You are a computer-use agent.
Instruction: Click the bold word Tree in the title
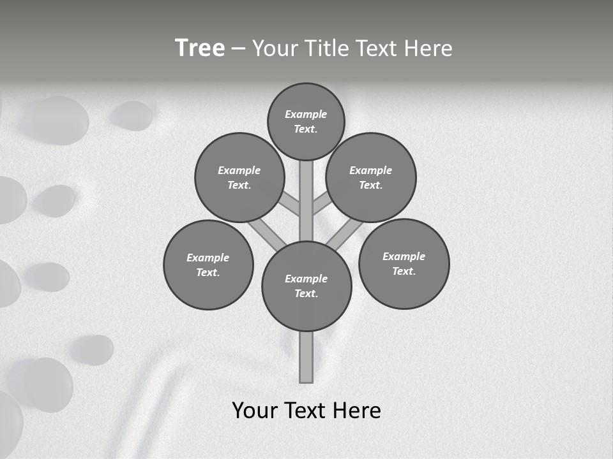200,48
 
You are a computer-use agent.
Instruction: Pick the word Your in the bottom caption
255,411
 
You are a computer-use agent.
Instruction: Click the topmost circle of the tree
306,121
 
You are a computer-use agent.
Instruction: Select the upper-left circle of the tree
239,177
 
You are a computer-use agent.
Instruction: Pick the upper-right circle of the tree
371,177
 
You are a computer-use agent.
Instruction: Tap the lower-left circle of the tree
208,265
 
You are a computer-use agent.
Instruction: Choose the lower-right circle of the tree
404,263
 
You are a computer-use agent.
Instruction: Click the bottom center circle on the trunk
306,286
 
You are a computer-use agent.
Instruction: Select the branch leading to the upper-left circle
290,204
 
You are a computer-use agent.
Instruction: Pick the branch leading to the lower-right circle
344,236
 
